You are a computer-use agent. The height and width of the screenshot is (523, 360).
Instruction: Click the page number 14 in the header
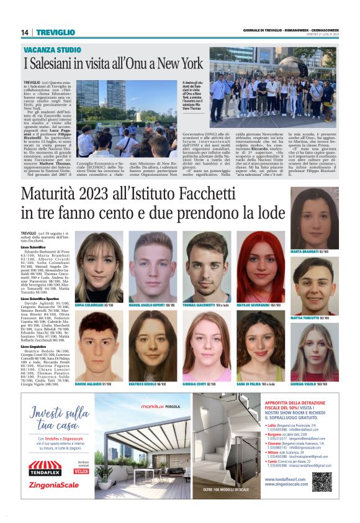tap(25, 32)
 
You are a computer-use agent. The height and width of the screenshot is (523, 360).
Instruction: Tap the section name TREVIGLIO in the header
tap(55, 32)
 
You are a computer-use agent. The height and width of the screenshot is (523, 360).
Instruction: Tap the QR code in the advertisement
tap(322, 482)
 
